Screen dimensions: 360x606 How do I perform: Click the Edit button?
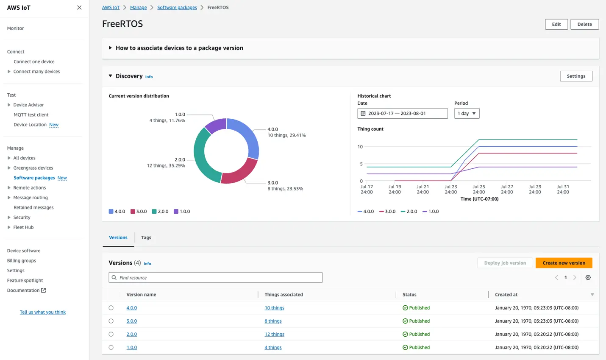(x=556, y=24)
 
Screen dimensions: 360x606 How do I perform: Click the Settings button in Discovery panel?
(x=576, y=76)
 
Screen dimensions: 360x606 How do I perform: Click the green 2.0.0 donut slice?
(x=203, y=157)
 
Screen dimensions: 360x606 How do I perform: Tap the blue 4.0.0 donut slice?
(x=247, y=136)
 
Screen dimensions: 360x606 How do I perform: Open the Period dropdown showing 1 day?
(x=467, y=113)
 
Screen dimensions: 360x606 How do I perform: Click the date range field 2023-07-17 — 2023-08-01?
(x=402, y=113)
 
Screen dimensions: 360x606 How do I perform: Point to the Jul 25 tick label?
(x=479, y=189)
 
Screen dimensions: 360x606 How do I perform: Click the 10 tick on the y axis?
(x=360, y=147)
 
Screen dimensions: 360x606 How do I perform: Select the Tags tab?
(x=146, y=237)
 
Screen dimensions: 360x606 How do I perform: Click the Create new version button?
(x=564, y=263)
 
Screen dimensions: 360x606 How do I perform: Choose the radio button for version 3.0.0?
(x=111, y=321)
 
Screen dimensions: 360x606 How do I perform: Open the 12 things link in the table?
(x=274, y=334)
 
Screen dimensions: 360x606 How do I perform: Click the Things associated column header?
(x=284, y=295)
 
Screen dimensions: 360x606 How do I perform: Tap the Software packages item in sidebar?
(x=34, y=178)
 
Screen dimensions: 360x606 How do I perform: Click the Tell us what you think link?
(x=43, y=312)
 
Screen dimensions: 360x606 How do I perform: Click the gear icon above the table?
(x=588, y=278)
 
